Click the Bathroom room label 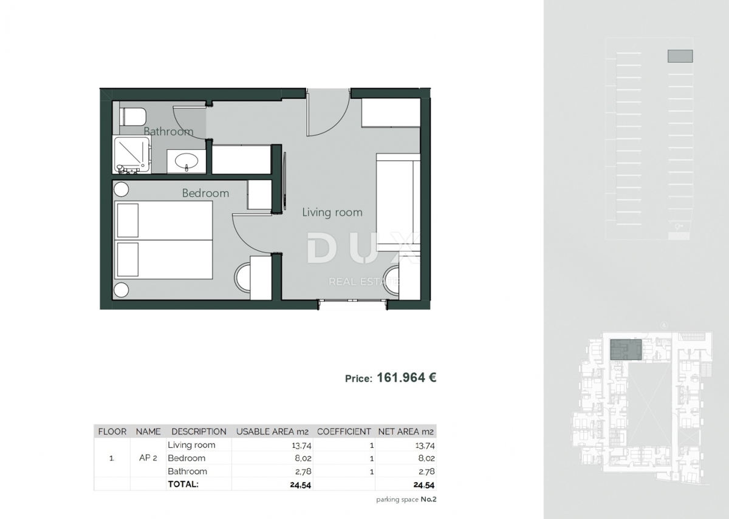(168, 131)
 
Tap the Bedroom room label (205, 193)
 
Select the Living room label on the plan (332, 212)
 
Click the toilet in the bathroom (132, 116)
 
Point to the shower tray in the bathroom (131, 154)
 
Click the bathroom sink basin (186, 161)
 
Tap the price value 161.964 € (406, 378)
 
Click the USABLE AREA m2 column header (272, 432)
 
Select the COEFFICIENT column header (344, 432)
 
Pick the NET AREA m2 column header (406, 432)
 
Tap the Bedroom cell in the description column (187, 458)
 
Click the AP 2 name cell (148, 458)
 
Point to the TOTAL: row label (183, 484)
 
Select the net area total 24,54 (423, 485)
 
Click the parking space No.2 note (406, 500)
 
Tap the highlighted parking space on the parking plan (680, 56)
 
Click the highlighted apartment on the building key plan (626, 350)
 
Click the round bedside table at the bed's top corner (121, 189)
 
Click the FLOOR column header (112, 432)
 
